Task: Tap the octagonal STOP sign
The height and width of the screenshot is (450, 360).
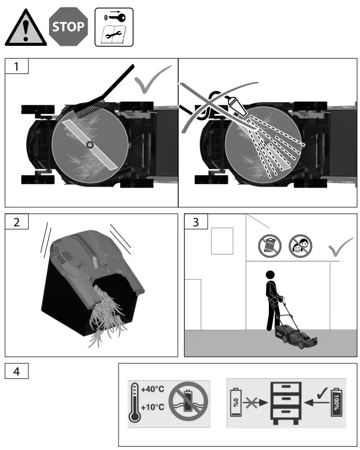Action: tap(67, 26)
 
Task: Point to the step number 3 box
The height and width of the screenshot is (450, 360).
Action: tap(196, 222)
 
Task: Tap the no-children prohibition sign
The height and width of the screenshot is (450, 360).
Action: tap(300, 245)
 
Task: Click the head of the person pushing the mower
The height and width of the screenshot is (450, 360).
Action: tap(270, 275)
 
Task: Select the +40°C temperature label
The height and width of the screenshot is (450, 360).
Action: tap(152, 389)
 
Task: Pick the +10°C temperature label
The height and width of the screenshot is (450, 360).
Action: tap(152, 407)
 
